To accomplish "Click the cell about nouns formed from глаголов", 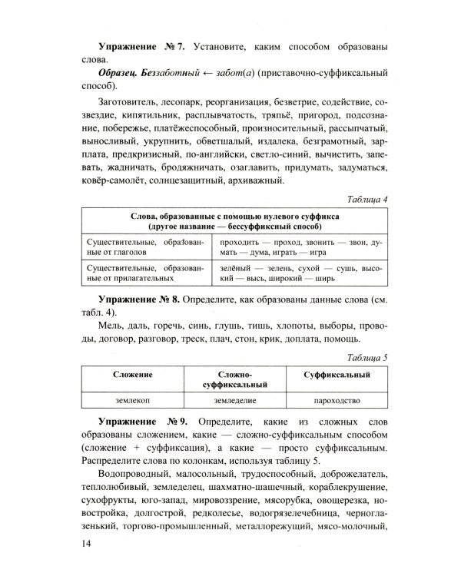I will click(134, 247).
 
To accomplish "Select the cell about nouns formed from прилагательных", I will click(134, 274).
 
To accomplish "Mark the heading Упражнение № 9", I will click(141, 422).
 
